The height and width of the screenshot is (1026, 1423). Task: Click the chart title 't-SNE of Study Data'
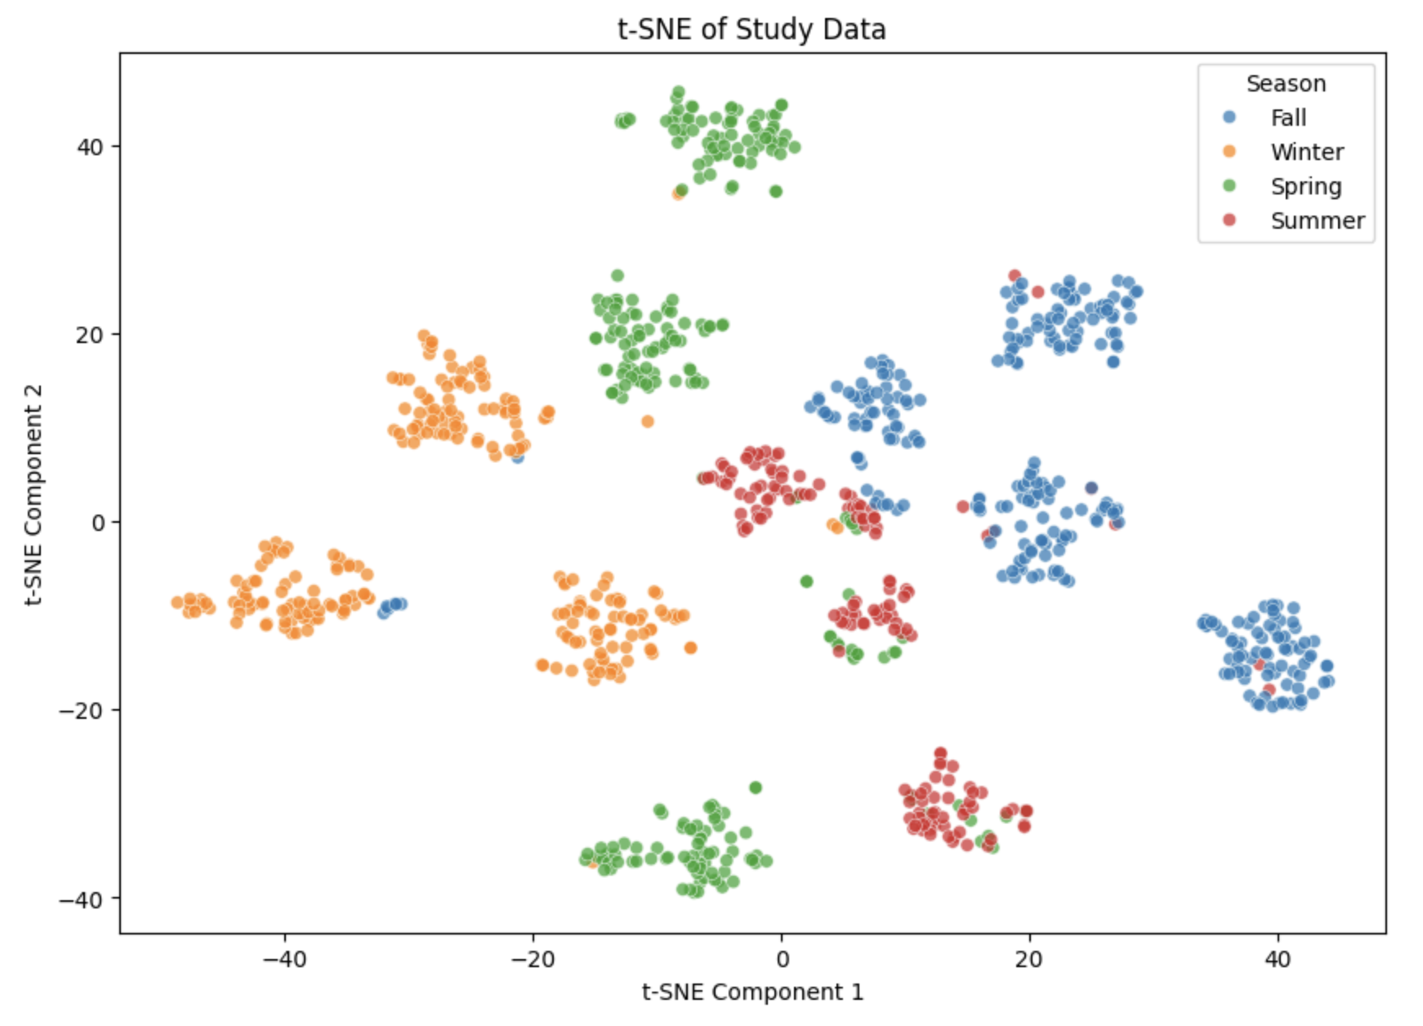click(752, 29)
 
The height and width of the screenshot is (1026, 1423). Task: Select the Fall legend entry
click(1288, 118)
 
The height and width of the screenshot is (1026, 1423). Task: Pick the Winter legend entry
click(1306, 152)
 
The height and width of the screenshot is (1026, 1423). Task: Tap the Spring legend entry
click(1305, 186)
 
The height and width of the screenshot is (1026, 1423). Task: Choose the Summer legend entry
click(1317, 221)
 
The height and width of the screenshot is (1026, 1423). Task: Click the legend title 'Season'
click(1286, 83)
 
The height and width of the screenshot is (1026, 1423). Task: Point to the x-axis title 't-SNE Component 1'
click(752, 992)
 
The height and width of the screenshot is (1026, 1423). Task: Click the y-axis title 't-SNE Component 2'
click(33, 494)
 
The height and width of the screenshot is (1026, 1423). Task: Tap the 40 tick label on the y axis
click(90, 147)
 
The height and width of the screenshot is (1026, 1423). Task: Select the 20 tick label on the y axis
click(90, 335)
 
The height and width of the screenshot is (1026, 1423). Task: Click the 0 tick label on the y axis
click(98, 523)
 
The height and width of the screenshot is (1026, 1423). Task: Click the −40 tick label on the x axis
click(284, 958)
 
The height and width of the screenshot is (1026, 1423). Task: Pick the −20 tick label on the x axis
click(533, 958)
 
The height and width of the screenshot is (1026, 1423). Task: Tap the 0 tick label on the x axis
click(782, 958)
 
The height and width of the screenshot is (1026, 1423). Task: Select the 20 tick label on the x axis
click(1029, 958)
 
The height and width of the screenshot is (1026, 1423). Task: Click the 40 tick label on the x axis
click(1278, 958)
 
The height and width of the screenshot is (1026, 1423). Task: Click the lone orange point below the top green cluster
click(677, 194)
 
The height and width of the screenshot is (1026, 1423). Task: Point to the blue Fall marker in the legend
click(1229, 118)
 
